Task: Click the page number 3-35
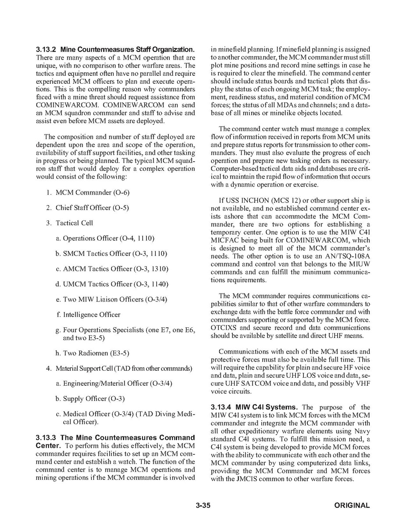(x=203, y=505)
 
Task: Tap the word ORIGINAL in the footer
(x=352, y=505)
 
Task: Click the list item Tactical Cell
(x=74, y=223)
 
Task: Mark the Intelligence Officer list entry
(x=92, y=315)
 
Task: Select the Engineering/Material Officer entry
(x=118, y=383)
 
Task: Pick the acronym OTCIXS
(x=226, y=328)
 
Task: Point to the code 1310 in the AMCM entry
(x=159, y=269)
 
